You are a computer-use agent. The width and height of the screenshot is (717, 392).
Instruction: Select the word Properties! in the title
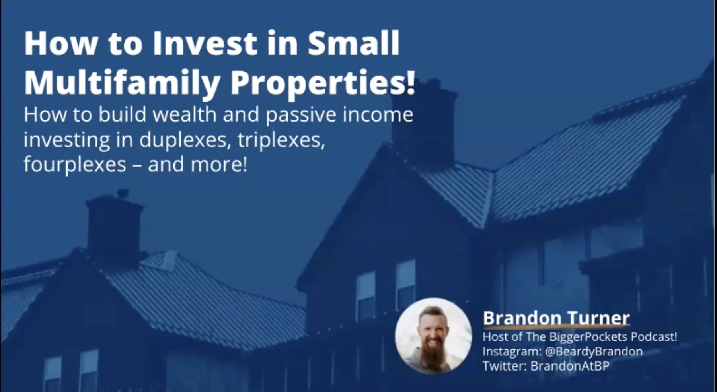click(x=323, y=83)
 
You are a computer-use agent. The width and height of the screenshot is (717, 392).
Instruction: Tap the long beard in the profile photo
click(x=433, y=355)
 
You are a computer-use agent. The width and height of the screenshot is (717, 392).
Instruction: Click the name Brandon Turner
click(x=556, y=318)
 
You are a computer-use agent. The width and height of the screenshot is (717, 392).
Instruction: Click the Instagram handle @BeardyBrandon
click(x=594, y=351)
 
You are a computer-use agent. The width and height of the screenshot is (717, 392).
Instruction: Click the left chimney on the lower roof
click(x=114, y=227)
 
